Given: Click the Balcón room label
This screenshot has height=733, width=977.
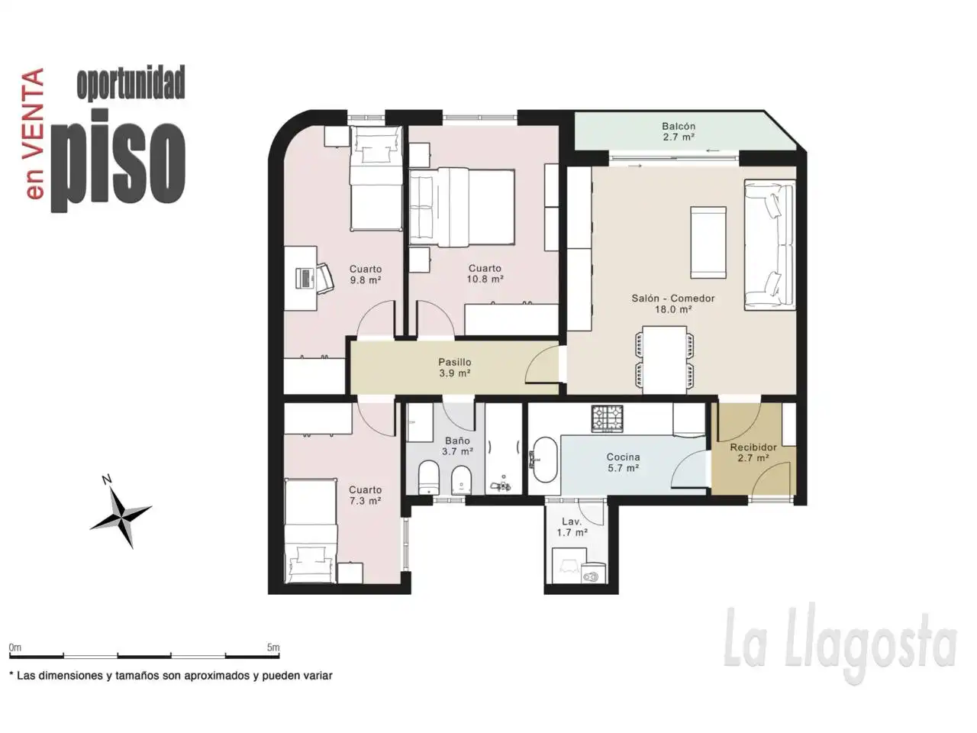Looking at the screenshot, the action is [x=678, y=127].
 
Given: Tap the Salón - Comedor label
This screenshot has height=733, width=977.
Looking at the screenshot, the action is [x=673, y=299].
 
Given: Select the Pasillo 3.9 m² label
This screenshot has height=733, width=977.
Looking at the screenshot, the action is [x=454, y=367].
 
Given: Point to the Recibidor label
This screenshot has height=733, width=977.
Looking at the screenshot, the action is [x=753, y=447].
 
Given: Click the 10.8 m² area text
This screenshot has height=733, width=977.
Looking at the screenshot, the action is [x=485, y=279].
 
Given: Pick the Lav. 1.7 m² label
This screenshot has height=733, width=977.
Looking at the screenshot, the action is [x=572, y=527].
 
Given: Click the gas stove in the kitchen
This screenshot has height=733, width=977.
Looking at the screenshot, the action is [x=608, y=418].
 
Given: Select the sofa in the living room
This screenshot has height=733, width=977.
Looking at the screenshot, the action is [x=769, y=245].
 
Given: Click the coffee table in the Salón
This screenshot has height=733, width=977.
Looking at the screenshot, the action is [x=708, y=243].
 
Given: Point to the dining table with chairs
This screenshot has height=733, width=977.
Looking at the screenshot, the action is [x=665, y=360].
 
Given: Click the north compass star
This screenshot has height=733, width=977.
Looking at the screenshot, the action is [x=121, y=518].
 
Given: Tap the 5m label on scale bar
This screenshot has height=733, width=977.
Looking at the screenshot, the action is [x=273, y=647].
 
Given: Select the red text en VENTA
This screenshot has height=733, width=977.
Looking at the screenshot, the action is [x=35, y=134].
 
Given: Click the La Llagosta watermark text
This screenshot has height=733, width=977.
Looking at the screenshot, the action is [x=840, y=644].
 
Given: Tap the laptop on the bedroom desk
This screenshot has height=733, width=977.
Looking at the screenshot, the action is [x=305, y=278].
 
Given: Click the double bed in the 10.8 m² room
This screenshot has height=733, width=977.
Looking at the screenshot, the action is [x=462, y=207].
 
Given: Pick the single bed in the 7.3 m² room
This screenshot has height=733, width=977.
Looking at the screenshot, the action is [x=310, y=531].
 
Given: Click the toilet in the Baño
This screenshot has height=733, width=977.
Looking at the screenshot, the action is [x=429, y=477].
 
